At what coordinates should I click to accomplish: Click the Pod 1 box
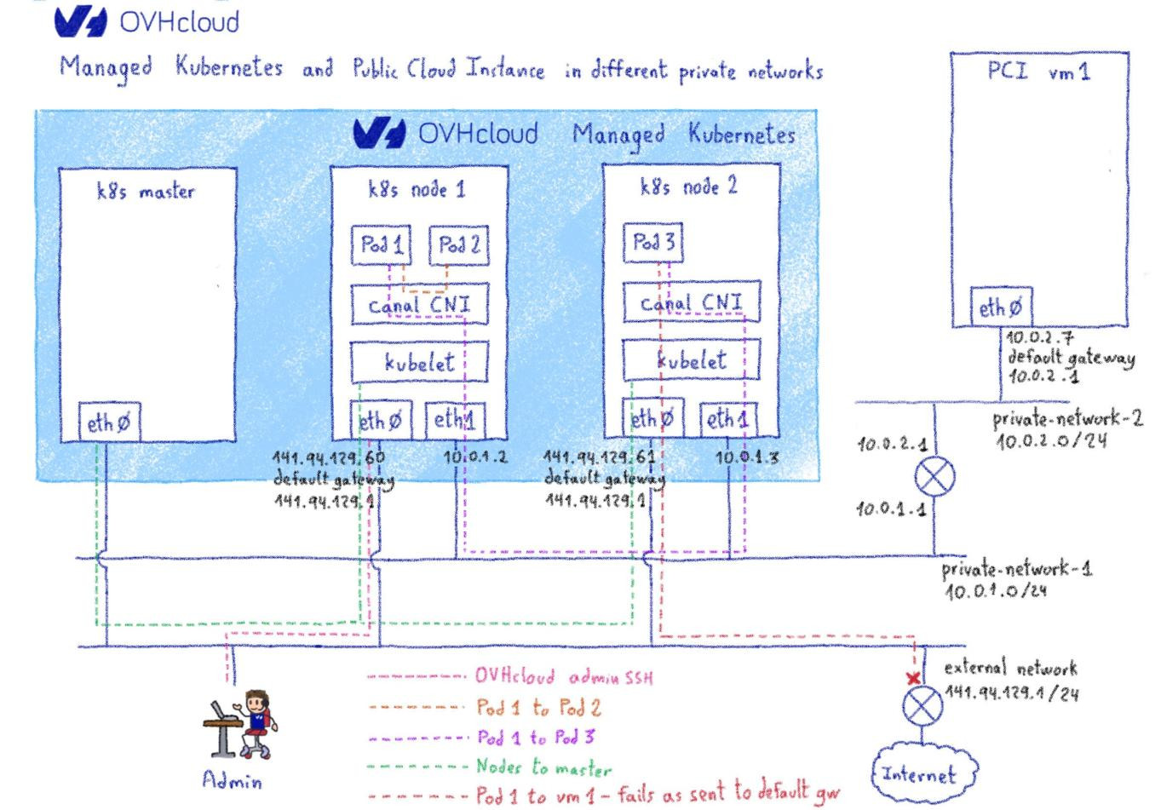click(x=381, y=246)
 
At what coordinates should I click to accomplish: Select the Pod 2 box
click(x=458, y=246)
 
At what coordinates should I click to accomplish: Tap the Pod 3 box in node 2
click(x=653, y=244)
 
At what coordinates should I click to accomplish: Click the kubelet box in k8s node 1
click(x=418, y=362)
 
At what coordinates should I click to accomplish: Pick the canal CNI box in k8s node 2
click(x=690, y=303)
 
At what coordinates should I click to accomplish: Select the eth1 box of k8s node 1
click(x=455, y=419)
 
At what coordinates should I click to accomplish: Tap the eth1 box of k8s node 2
click(x=727, y=419)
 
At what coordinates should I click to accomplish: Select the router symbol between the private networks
click(x=934, y=477)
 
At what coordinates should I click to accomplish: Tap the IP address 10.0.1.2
click(x=475, y=457)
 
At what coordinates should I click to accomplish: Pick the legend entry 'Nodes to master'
click(x=543, y=767)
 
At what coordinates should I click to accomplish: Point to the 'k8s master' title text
click(x=145, y=192)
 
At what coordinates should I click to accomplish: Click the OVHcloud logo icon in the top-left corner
click(x=82, y=21)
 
